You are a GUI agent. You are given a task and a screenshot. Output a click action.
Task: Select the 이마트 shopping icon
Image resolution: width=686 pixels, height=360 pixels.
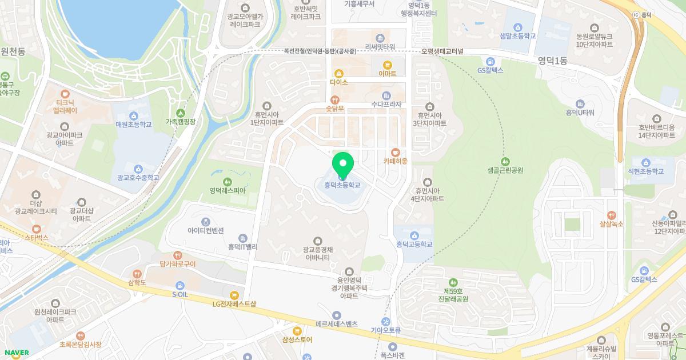pyautogui.click(x=387, y=64)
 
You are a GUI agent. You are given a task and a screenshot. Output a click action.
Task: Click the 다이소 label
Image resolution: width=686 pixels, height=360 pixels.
pyautogui.click(x=338, y=82)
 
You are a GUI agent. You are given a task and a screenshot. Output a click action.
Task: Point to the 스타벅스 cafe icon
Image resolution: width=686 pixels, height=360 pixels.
pyautogui.click(x=37, y=228)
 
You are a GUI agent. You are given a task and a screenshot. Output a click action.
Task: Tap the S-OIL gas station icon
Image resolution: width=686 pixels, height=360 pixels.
pyautogui.click(x=180, y=285)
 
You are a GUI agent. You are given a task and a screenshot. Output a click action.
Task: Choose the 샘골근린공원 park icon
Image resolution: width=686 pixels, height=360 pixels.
pyautogui.click(x=505, y=161)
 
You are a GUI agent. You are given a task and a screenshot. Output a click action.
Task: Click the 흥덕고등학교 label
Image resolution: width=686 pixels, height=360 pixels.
pyautogui.click(x=414, y=244)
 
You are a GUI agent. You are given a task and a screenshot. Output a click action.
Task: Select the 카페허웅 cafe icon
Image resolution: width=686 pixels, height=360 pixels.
pyautogui.click(x=395, y=152)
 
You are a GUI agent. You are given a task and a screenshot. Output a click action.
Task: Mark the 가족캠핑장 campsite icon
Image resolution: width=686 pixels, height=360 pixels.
pyautogui.click(x=181, y=113)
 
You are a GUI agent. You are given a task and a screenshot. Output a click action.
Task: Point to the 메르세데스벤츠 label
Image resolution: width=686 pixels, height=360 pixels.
pyautogui.click(x=336, y=323)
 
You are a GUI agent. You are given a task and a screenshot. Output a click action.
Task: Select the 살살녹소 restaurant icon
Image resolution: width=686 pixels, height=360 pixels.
pyautogui.click(x=611, y=215)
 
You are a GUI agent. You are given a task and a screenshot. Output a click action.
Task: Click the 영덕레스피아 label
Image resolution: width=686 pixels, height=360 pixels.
pyautogui.click(x=227, y=190)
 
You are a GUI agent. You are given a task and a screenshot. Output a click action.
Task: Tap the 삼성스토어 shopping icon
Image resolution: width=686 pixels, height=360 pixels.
pyautogui.click(x=297, y=330)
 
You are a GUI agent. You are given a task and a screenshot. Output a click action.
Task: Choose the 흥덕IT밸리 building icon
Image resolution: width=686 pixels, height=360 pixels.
pyautogui.click(x=243, y=238)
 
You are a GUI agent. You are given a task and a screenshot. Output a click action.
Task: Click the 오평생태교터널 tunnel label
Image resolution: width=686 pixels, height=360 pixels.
pyautogui.click(x=442, y=51)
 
